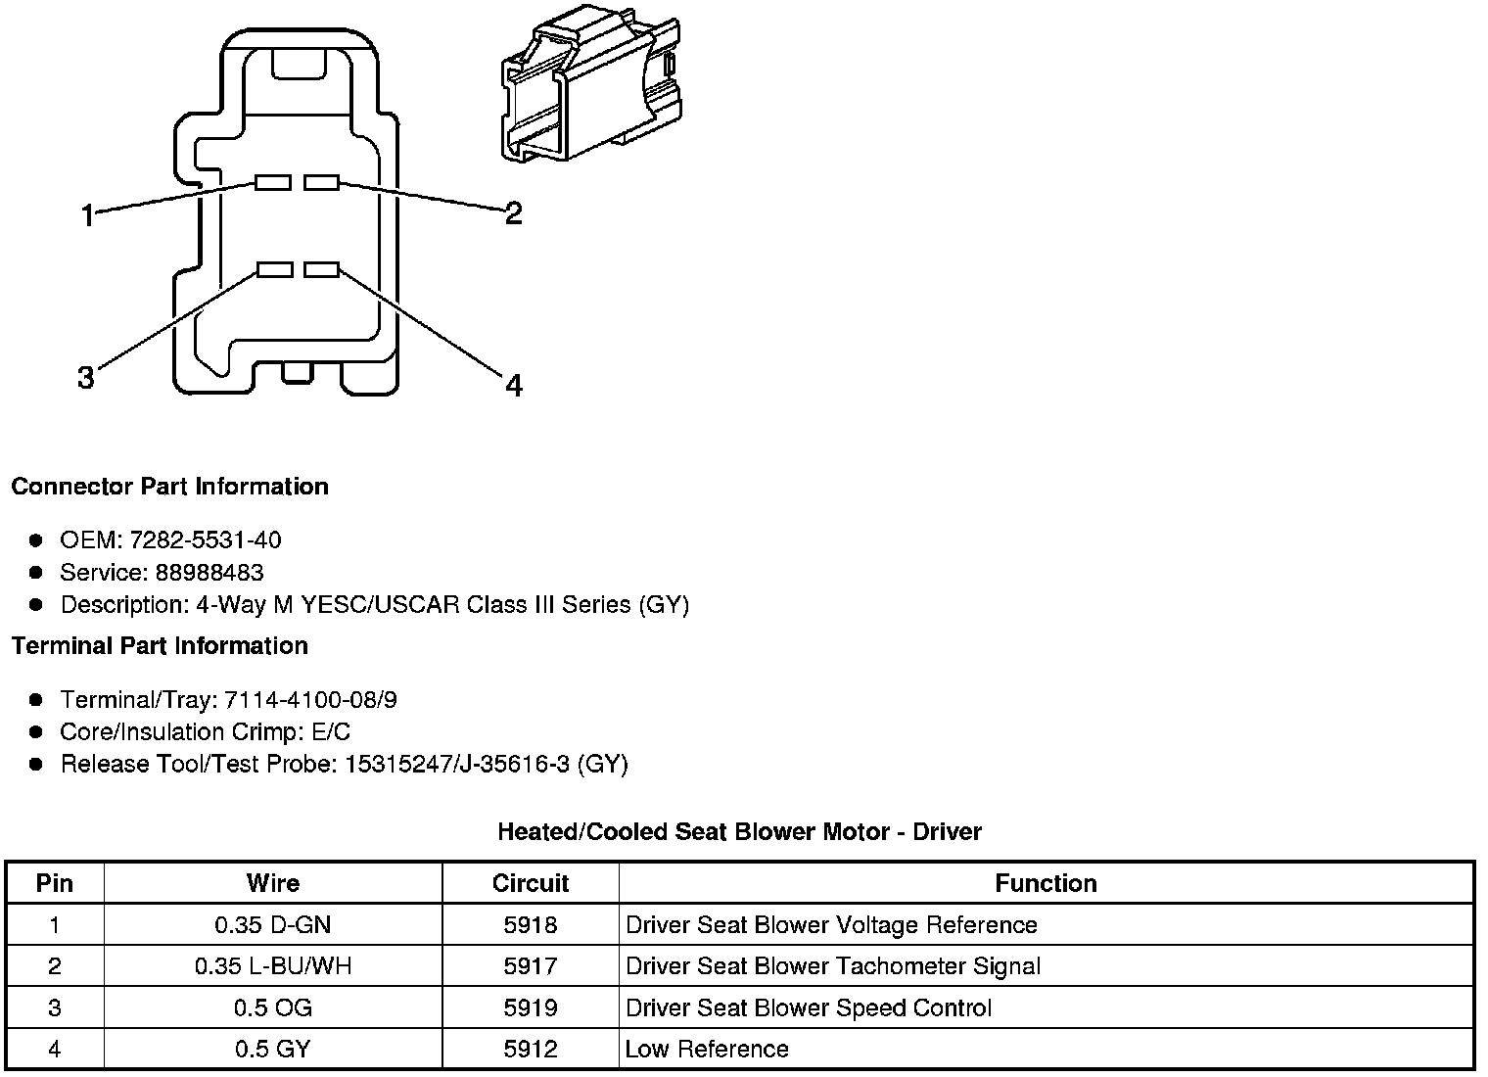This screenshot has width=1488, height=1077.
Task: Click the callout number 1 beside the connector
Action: (x=88, y=215)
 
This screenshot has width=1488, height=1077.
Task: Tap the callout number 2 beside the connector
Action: (x=513, y=212)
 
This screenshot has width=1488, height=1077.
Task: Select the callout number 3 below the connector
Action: (x=86, y=377)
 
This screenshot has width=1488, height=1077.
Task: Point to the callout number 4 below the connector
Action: (x=514, y=386)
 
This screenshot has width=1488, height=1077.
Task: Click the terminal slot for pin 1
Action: (x=273, y=182)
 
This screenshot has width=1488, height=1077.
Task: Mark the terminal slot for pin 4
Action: (x=321, y=269)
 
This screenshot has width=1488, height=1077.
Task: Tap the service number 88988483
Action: (x=209, y=573)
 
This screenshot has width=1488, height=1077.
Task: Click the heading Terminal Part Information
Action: (x=160, y=646)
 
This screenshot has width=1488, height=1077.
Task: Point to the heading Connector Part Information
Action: (x=169, y=487)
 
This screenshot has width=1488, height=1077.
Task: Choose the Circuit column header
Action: (x=531, y=883)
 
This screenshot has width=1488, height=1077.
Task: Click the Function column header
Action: (x=1046, y=883)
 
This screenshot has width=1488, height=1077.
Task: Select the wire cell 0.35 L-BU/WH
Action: (x=273, y=966)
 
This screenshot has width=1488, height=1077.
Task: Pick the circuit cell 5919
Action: (x=531, y=1007)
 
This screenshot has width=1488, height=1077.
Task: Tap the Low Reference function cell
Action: (x=707, y=1050)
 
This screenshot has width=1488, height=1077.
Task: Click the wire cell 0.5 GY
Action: (x=273, y=1050)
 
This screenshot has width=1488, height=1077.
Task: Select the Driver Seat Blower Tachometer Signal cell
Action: (x=833, y=966)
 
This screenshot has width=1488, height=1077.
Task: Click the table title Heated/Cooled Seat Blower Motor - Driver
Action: (x=739, y=832)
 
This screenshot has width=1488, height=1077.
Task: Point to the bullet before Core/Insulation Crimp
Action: (x=36, y=732)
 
